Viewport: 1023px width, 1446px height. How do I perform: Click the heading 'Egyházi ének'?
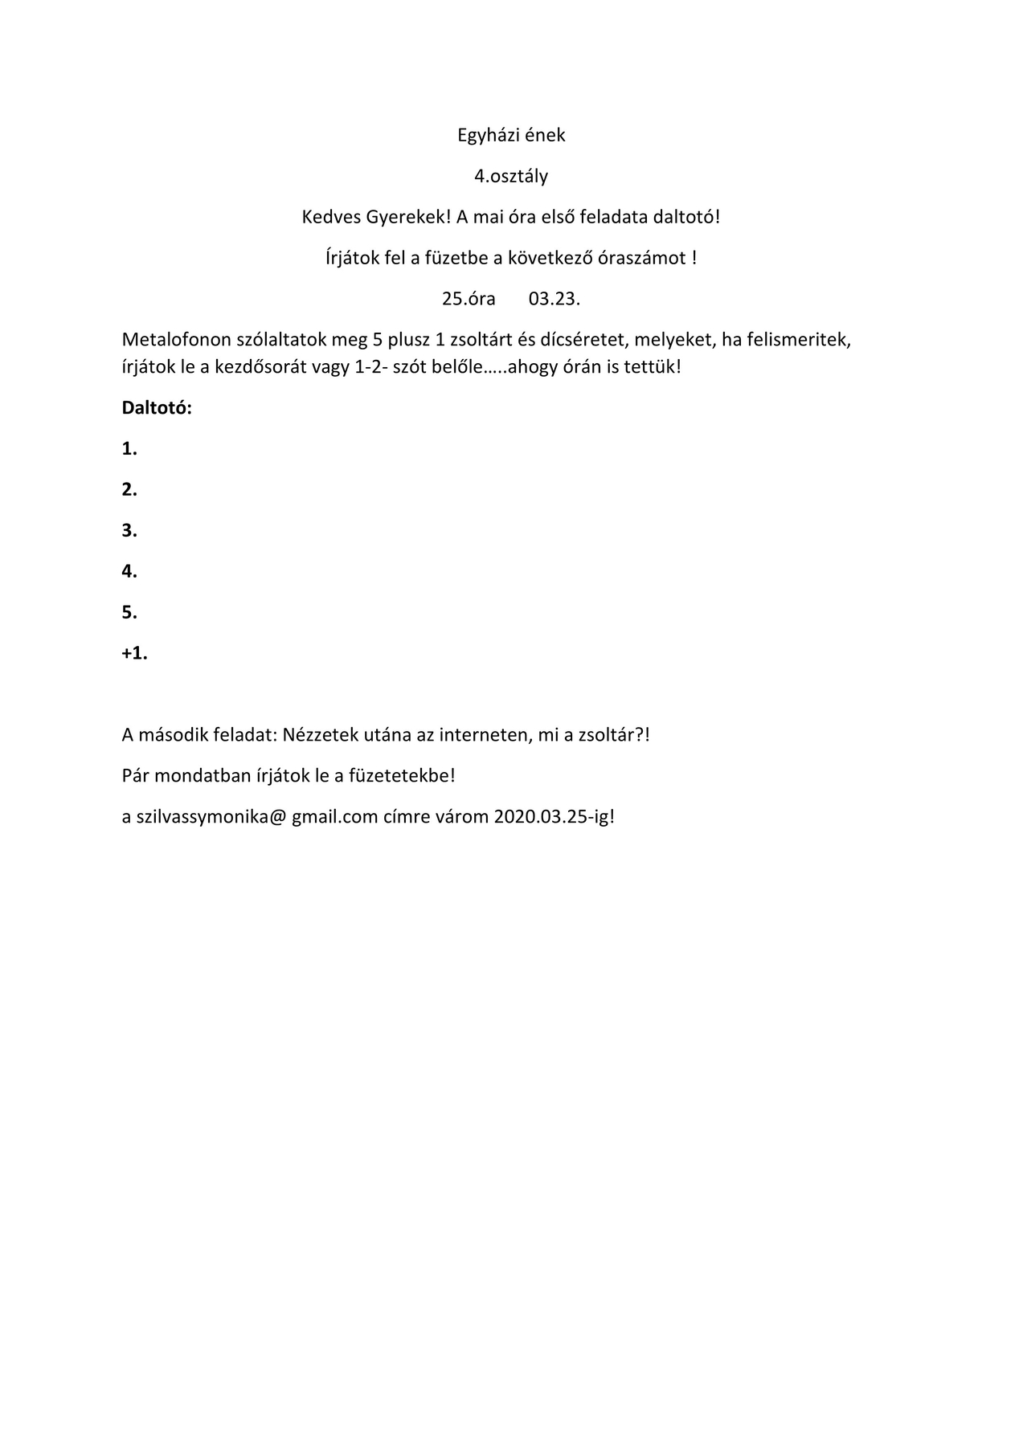pos(511,135)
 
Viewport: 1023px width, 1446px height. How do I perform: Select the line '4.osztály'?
pos(511,176)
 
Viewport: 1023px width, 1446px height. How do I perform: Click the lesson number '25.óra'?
pos(469,299)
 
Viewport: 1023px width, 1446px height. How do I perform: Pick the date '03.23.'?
pos(554,299)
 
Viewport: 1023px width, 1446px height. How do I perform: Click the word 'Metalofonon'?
pos(177,339)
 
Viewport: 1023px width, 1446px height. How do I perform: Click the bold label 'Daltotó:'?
pos(157,407)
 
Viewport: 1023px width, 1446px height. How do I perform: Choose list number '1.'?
pos(129,449)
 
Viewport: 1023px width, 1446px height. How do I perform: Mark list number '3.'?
pos(129,530)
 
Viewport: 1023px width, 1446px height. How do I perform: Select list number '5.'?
pos(129,612)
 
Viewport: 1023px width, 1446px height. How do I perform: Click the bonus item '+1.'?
pos(134,653)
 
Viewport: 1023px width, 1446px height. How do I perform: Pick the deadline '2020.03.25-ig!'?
pos(554,817)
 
